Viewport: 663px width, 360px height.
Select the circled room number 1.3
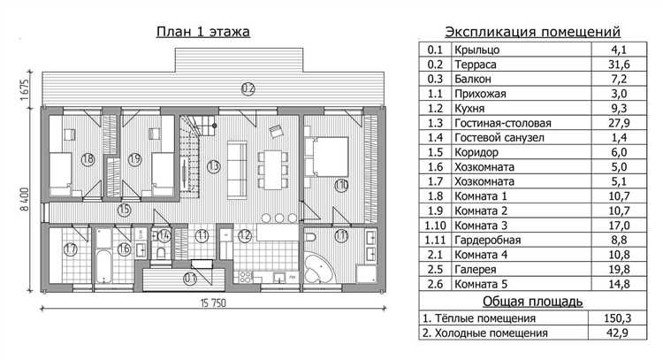(213, 165)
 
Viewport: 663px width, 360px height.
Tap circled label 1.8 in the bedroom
(87, 159)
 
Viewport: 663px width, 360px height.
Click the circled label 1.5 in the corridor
(125, 210)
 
